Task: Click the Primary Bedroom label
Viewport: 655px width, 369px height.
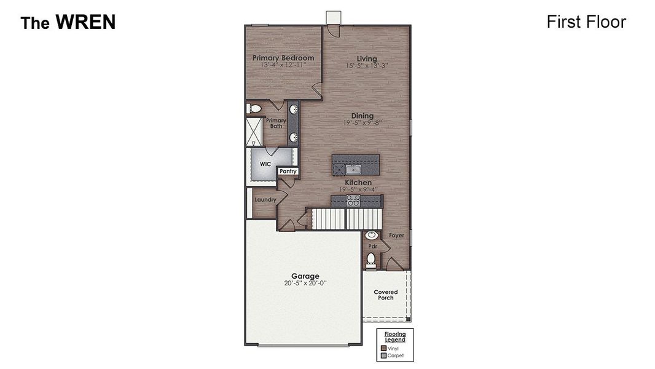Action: [283, 58]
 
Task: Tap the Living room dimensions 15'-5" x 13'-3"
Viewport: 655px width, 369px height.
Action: [367, 65]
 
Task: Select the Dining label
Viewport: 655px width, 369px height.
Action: [363, 116]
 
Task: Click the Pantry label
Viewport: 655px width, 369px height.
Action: [288, 172]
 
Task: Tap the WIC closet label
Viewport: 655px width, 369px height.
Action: [265, 164]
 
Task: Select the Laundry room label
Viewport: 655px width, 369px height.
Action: [265, 199]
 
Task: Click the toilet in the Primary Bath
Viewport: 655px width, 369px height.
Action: [254, 109]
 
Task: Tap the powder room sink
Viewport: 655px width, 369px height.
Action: [371, 235]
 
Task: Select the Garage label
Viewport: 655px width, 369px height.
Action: [305, 276]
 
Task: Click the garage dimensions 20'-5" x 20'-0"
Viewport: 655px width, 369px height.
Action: [305, 284]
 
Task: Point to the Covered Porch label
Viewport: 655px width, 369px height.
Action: [385, 295]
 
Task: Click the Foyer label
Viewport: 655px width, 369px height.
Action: [396, 235]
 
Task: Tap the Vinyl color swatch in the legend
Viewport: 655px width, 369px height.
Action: [383, 348]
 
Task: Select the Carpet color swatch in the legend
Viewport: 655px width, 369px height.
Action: [383, 355]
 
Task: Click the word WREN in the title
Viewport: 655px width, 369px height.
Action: [85, 22]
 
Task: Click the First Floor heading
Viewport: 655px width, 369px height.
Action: [586, 22]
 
